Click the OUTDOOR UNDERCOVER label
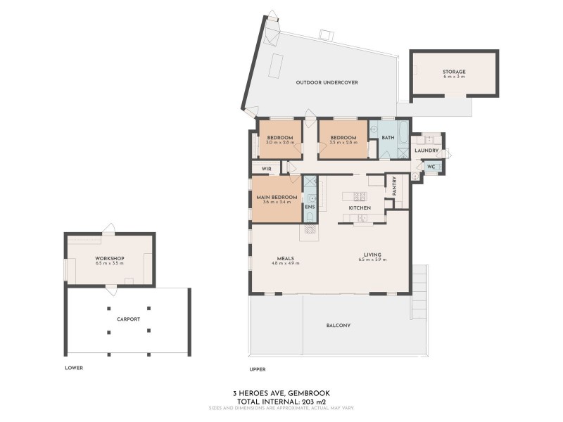point(327,82)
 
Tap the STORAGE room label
point(454,72)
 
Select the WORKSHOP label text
point(109,258)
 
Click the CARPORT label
point(128,319)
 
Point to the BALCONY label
point(339,326)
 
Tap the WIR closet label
point(266,169)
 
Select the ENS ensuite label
point(310,207)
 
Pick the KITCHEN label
point(360,209)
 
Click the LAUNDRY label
point(426,151)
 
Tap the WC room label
point(432,167)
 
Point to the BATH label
point(387,137)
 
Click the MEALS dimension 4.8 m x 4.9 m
point(285,263)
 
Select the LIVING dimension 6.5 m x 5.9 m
point(372,260)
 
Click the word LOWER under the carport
point(74,368)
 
